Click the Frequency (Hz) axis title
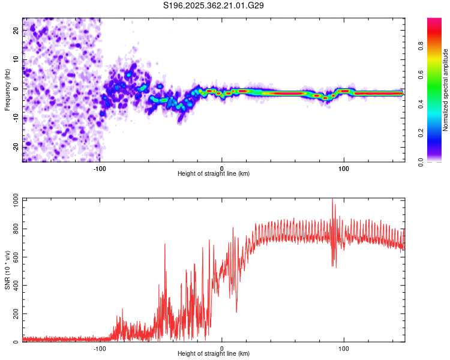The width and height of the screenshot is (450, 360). (x=7, y=90)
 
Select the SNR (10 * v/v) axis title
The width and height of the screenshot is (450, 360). (x=7, y=270)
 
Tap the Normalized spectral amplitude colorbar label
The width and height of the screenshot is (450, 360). (x=445, y=90)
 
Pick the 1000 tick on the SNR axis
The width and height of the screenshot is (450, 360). (x=13, y=200)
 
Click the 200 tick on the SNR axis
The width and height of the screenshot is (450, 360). (x=14, y=314)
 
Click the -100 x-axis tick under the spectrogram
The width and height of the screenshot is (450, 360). (x=100, y=167)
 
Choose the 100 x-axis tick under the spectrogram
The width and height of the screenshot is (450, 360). (x=344, y=167)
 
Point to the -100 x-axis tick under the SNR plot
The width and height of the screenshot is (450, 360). (x=100, y=347)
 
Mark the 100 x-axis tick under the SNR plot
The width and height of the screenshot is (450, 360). (x=344, y=347)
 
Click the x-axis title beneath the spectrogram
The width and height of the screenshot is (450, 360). (x=214, y=173)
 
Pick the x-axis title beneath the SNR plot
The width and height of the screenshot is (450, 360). (x=214, y=353)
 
